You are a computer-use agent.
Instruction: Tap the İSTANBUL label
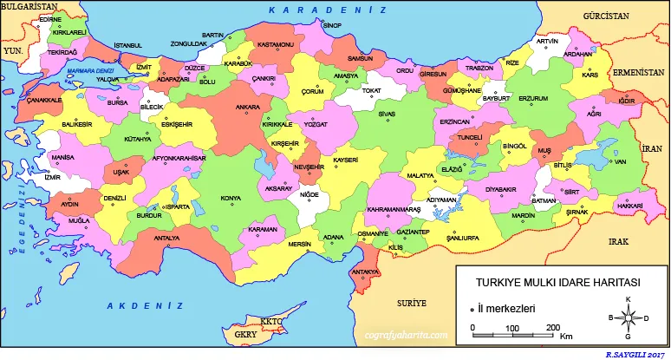(x=127, y=44)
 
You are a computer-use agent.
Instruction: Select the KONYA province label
(x=231, y=198)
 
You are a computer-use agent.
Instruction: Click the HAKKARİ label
(x=629, y=206)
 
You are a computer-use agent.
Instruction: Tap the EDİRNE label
(x=50, y=18)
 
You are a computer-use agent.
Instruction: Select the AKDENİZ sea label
(x=145, y=306)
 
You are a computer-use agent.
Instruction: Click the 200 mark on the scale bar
(x=551, y=327)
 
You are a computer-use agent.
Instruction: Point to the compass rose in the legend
(x=628, y=317)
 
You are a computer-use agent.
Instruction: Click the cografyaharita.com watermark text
(x=407, y=333)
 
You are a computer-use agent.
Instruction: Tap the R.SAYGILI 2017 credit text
(x=636, y=355)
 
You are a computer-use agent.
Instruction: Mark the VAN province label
(x=619, y=161)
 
